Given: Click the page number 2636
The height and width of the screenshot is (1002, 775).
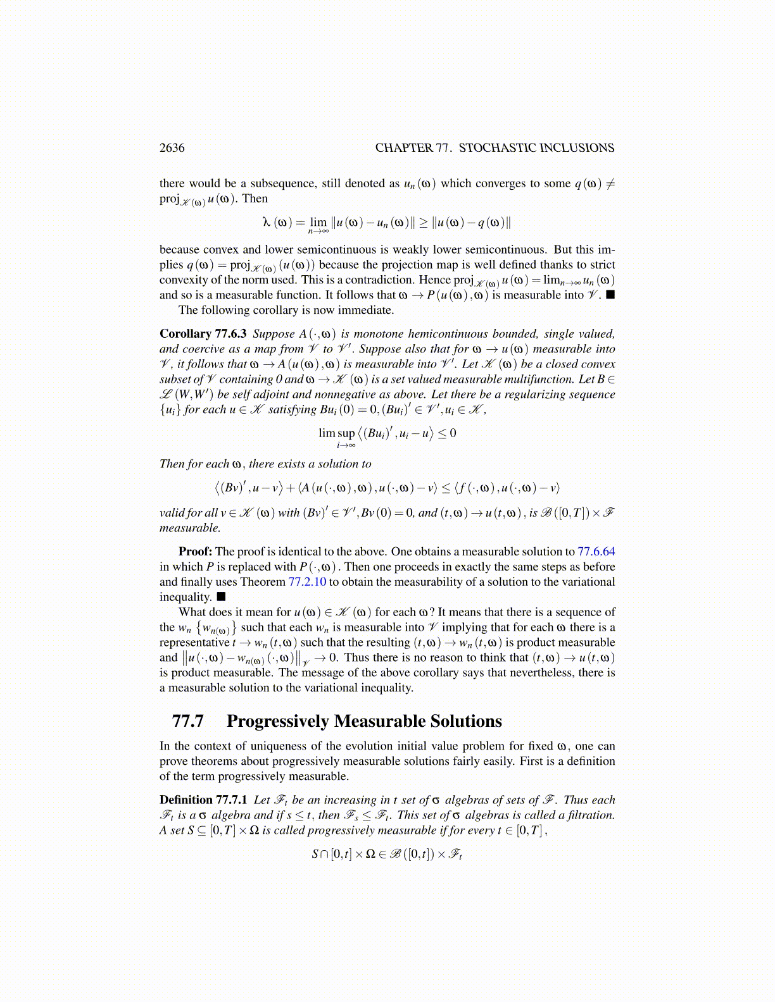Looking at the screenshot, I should [x=172, y=148].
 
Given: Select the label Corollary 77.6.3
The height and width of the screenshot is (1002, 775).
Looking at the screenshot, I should [x=203, y=334].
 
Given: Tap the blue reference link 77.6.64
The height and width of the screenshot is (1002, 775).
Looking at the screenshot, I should [x=596, y=552].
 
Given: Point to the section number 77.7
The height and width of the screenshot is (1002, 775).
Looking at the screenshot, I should [x=187, y=721].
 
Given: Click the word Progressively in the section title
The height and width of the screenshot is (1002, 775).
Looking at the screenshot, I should [x=277, y=721].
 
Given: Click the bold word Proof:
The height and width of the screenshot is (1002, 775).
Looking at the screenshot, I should [x=195, y=552].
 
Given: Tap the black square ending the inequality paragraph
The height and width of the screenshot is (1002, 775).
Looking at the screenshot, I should [x=221, y=597].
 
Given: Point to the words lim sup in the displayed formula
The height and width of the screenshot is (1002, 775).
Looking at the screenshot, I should [x=336, y=433].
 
